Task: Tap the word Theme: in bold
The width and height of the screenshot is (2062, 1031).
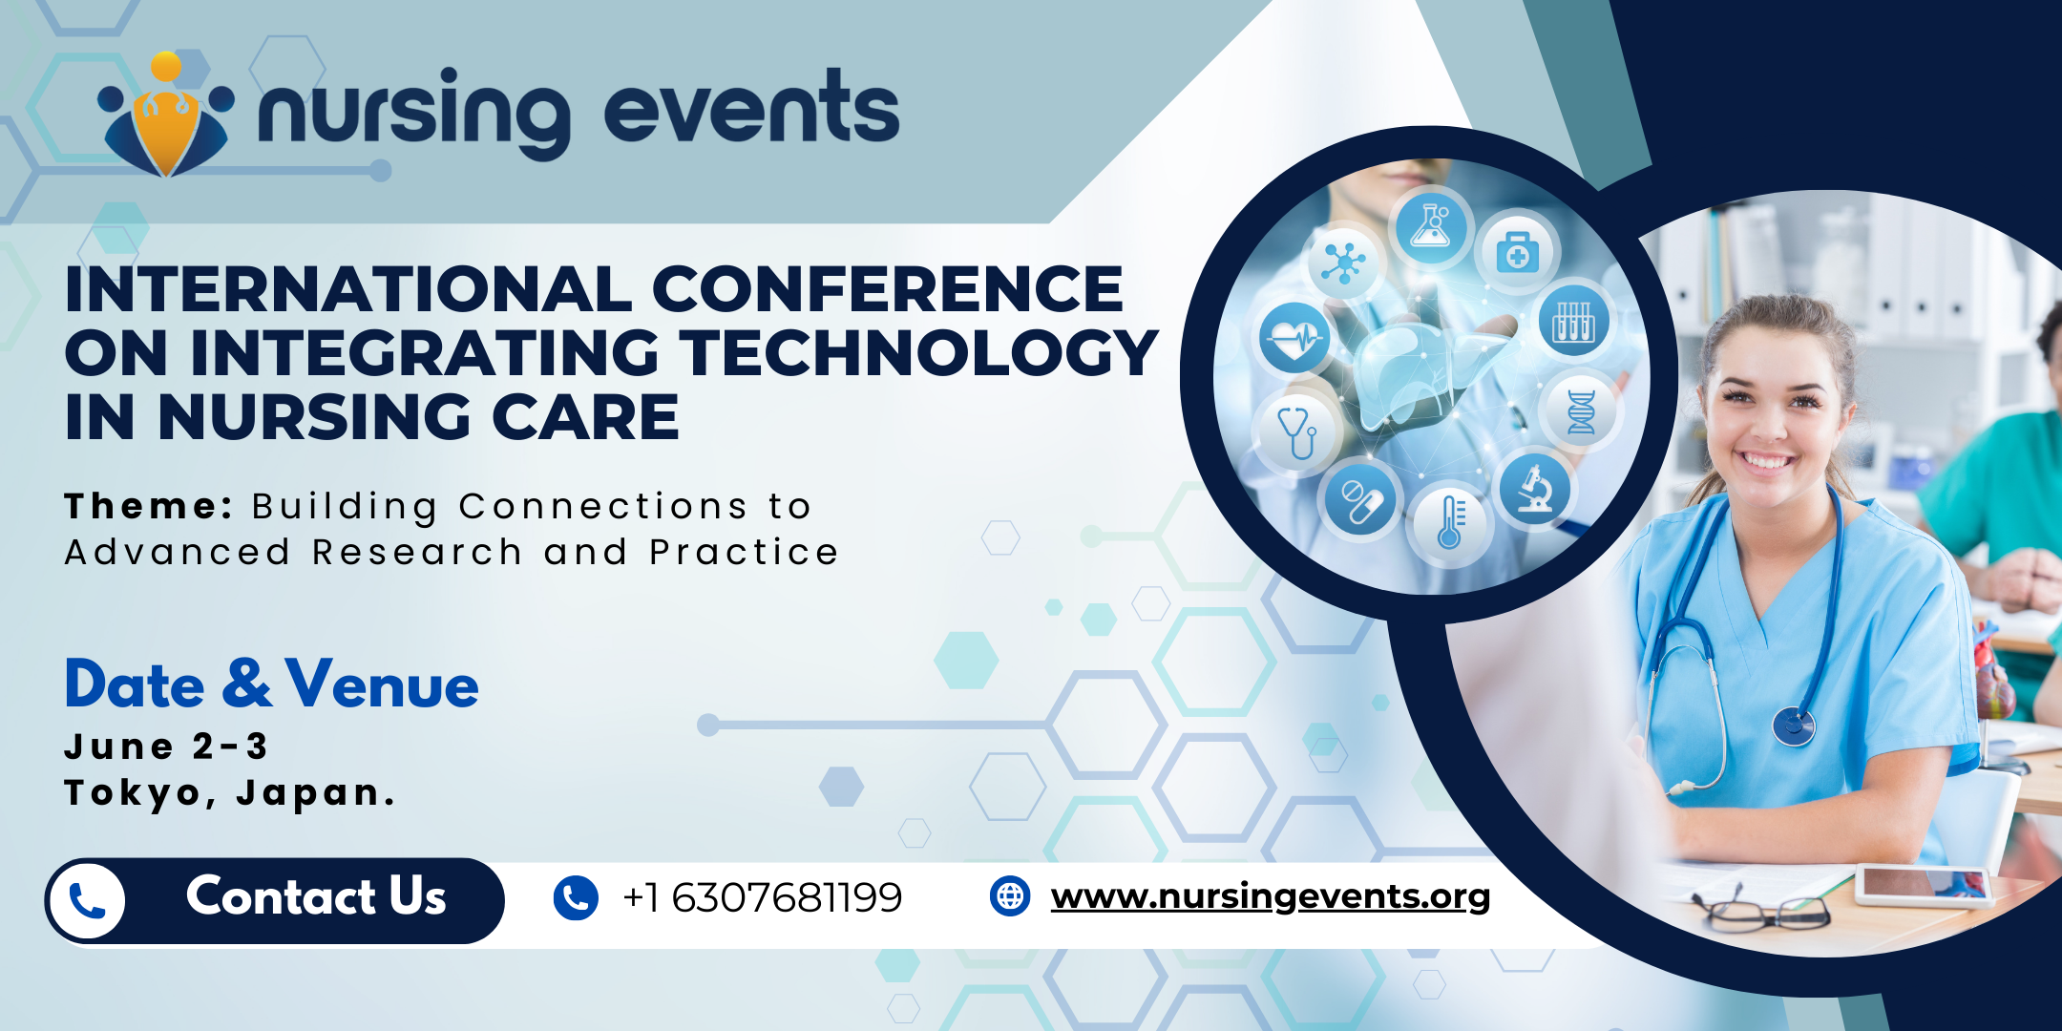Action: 148,506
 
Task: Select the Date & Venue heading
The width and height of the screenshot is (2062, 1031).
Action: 271,684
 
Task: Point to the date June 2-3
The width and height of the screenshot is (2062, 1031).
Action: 166,747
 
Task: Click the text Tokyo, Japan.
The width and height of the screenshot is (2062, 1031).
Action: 229,793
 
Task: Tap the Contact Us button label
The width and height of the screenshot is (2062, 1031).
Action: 316,896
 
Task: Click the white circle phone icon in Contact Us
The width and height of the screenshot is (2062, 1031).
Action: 88,901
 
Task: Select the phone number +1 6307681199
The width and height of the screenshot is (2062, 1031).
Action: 762,897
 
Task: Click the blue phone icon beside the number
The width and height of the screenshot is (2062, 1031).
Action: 576,898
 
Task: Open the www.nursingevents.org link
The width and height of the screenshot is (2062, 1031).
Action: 1270,896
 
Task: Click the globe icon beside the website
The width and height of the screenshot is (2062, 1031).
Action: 1010,896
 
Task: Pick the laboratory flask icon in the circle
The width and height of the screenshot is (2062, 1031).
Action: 1431,227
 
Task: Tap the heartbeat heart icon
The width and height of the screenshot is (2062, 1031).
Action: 1295,338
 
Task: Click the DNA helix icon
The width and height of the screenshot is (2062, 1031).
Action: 1581,412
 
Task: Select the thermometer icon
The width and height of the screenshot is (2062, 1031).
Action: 1450,522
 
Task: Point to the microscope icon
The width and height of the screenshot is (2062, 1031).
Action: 1534,489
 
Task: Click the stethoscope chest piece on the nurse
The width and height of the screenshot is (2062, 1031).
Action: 1794,726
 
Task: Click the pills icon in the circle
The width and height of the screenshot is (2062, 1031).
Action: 1360,500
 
